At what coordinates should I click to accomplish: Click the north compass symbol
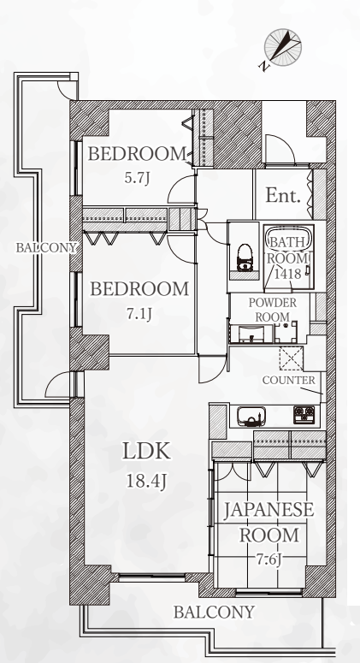[x=282, y=47]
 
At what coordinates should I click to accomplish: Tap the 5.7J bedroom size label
[x=138, y=178]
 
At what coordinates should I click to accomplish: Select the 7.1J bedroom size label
[x=139, y=314]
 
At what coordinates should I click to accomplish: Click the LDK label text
[x=146, y=451]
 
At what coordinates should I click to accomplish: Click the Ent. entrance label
[x=283, y=195]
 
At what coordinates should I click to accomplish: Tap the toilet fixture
[x=245, y=258]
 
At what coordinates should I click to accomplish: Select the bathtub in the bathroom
[x=289, y=258]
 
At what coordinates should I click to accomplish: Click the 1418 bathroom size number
[x=288, y=274]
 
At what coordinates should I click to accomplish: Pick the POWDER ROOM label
[x=273, y=310]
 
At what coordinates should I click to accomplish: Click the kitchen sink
[x=251, y=416]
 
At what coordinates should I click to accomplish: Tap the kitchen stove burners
[x=304, y=415]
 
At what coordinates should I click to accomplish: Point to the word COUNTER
[x=289, y=380]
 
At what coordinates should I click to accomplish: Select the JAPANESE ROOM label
[x=269, y=522]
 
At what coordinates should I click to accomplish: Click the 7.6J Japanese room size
[x=269, y=559]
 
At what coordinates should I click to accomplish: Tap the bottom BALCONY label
[x=215, y=612]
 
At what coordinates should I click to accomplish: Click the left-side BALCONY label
[x=46, y=248]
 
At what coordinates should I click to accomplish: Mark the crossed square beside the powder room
[x=291, y=358]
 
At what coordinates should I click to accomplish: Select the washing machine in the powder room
[x=286, y=332]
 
